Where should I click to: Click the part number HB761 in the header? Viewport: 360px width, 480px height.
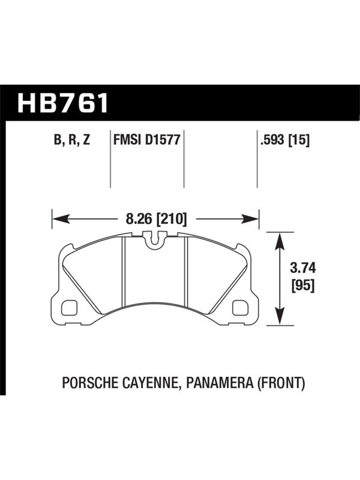[63, 103]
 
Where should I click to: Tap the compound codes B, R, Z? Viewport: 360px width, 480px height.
[72, 140]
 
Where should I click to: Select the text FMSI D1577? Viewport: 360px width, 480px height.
[146, 140]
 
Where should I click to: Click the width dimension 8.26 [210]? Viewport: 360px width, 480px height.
[156, 219]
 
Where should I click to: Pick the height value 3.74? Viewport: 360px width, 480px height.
[303, 268]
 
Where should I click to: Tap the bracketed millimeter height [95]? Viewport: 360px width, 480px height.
[303, 286]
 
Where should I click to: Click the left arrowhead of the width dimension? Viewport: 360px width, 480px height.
[61, 219]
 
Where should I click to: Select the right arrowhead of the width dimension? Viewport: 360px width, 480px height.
[250, 219]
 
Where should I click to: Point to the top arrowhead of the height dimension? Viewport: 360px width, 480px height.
[280, 241]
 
